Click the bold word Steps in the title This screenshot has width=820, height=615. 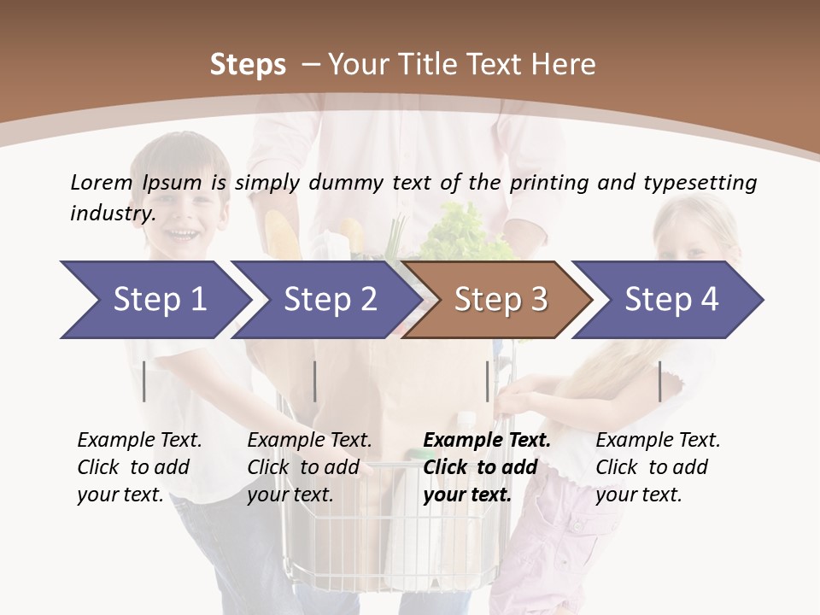tap(248, 65)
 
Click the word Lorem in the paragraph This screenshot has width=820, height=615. tap(101, 182)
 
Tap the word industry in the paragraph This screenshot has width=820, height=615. tap(112, 213)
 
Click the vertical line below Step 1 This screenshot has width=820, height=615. tap(144, 381)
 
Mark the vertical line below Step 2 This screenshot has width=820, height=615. tap(314, 381)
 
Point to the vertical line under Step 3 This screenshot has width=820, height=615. tap(487, 381)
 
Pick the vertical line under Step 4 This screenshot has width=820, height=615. tap(659, 381)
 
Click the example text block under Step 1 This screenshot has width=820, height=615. tap(139, 467)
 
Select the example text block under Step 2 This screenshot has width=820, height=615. tap(309, 467)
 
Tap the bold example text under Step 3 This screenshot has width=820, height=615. tap(487, 467)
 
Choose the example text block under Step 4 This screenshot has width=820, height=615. tap(658, 467)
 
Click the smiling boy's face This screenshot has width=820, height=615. tap(189, 209)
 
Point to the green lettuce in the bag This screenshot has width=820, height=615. tap(466, 231)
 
